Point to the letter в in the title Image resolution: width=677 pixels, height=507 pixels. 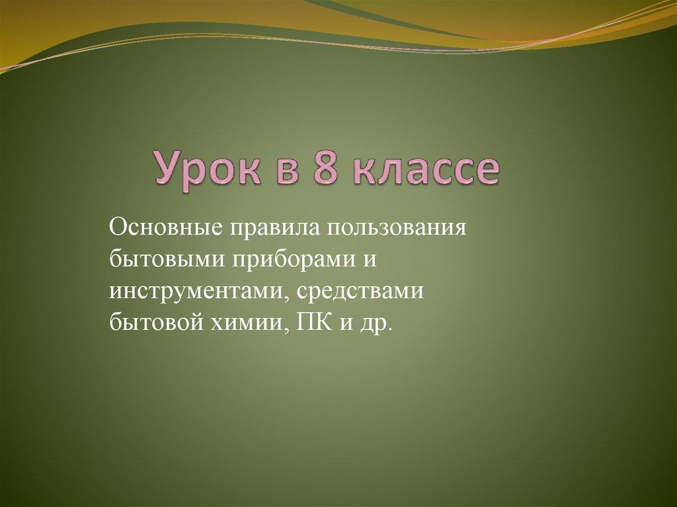288,170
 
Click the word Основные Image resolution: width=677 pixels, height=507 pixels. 166,227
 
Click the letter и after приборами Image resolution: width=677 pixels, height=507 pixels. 369,261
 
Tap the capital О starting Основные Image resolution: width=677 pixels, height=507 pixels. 119,227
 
